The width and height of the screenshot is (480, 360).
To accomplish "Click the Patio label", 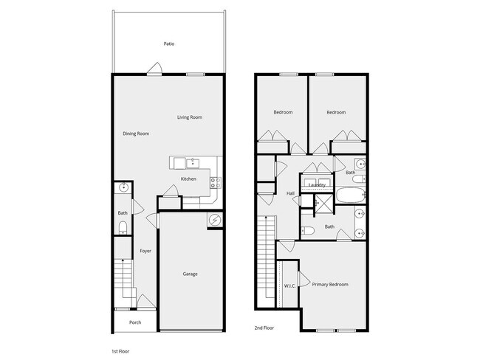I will tap(169, 44).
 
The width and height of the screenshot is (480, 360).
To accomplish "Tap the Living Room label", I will tap(190, 117).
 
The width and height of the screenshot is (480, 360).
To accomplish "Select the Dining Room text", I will tap(136, 134).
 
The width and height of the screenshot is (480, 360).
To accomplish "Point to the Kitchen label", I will tap(188, 179).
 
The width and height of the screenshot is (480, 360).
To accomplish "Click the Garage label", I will tap(190, 274).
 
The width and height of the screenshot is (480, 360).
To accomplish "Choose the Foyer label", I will tap(145, 251).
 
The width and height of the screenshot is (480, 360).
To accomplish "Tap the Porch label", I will tap(135, 322).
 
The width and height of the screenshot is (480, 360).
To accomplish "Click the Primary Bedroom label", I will tap(329, 284).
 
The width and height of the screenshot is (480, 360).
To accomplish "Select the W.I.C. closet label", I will tap(289, 285).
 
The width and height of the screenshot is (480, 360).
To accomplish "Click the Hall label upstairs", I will tap(290, 193).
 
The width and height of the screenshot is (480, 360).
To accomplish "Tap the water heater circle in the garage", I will tap(215, 219).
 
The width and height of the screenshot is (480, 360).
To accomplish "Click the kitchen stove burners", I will tap(214, 181).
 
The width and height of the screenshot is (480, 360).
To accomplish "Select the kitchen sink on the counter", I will tap(192, 162).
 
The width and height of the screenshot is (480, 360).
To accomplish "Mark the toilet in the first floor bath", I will tap(123, 226).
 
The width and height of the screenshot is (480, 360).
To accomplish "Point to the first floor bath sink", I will tap(123, 189).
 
